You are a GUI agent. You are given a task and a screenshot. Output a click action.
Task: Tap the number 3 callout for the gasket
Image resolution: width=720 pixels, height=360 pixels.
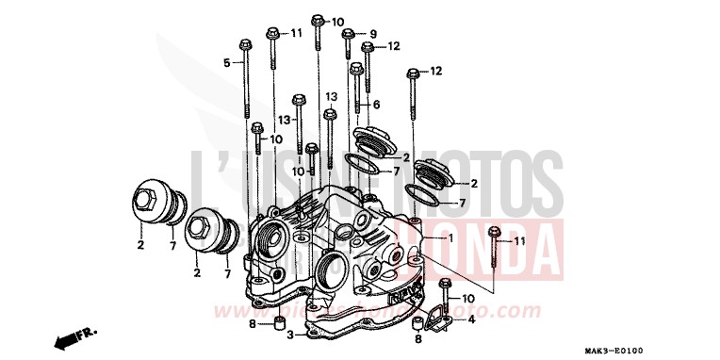[x=290, y=335]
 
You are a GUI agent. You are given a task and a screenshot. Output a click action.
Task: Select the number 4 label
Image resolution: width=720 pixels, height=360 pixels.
[x=471, y=319]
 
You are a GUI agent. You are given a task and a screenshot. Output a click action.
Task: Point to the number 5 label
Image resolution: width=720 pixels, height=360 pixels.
[x=226, y=63]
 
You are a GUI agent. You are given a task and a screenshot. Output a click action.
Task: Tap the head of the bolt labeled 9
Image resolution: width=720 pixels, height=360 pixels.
[x=348, y=34]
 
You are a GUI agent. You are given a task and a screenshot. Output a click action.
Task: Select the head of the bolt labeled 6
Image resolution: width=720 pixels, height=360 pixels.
[x=356, y=68]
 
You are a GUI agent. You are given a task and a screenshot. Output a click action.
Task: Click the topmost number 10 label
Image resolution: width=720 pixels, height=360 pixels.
[x=337, y=22]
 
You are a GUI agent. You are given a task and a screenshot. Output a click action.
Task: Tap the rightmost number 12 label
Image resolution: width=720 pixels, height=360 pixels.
[x=435, y=72]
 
